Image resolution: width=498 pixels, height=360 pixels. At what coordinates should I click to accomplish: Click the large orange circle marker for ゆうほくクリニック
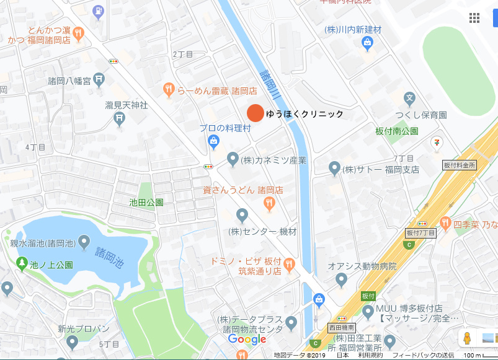click(x=255, y=113)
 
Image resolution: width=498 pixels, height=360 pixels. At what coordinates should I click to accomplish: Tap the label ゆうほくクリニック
click(x=305, y=114)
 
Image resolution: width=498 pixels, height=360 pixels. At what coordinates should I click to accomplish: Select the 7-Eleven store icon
click(x=438, y=143)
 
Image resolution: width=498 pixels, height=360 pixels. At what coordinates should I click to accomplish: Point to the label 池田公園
click(x=146, y=202)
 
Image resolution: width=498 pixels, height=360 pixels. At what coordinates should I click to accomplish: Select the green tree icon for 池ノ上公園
click(x=22, y=264)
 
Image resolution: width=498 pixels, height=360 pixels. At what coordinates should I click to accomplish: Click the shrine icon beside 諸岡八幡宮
click(x=100, y=81)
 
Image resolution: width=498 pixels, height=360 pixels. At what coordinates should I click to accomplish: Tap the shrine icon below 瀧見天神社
click(x=120, y=120)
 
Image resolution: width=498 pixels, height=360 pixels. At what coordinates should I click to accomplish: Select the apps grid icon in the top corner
click(x=474, y=18)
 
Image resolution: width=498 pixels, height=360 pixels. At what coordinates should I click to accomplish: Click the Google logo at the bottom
click(x=247, y=340)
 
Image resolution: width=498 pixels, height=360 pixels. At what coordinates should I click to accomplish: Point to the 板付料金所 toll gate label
click(x=460, y=165)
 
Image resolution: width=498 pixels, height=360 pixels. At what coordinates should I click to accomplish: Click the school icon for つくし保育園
click(x=409, y=98)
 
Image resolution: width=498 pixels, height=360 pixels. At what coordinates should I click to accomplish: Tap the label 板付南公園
click(x=397, y=131)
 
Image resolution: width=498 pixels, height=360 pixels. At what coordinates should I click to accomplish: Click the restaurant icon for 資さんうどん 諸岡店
click(x=269, y=203)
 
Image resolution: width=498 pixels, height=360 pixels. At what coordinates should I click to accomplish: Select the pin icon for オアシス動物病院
click(x=341, y=280)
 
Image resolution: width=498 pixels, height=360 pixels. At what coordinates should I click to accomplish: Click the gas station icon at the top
click(x=98, y=10)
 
